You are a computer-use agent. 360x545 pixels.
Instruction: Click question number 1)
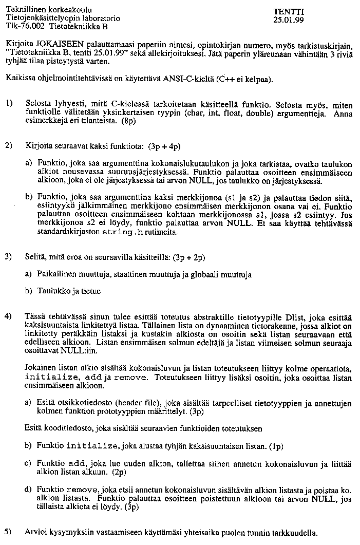tap(9, 103)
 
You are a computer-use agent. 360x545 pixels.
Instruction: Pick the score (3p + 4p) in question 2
tap(164, 146)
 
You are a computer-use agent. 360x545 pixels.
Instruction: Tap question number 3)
tap(9, 256)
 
